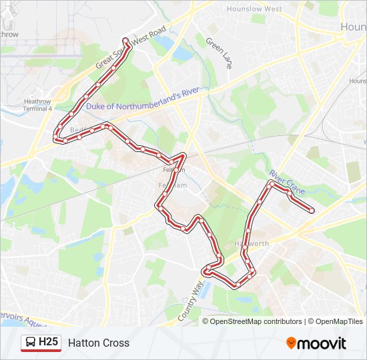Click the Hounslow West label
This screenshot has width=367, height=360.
[x=254, y=9]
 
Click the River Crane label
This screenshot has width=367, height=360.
[x=287, y=182]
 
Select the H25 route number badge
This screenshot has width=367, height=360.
[x=49, y=343]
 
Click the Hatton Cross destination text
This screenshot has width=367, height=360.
[x=99, y=343]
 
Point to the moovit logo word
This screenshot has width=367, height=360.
[x=322, y=343]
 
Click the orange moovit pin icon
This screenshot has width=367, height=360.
[x=291, y=343]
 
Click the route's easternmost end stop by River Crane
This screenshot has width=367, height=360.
[x=312, y=211]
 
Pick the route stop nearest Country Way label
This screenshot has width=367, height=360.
[x=208, y=272]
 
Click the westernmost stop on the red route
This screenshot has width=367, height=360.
[x=55, y=139]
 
